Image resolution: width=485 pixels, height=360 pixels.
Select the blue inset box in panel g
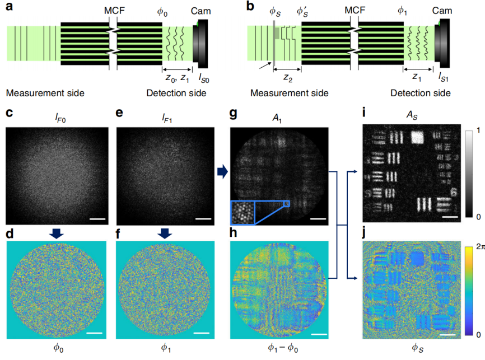pos(243,213)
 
